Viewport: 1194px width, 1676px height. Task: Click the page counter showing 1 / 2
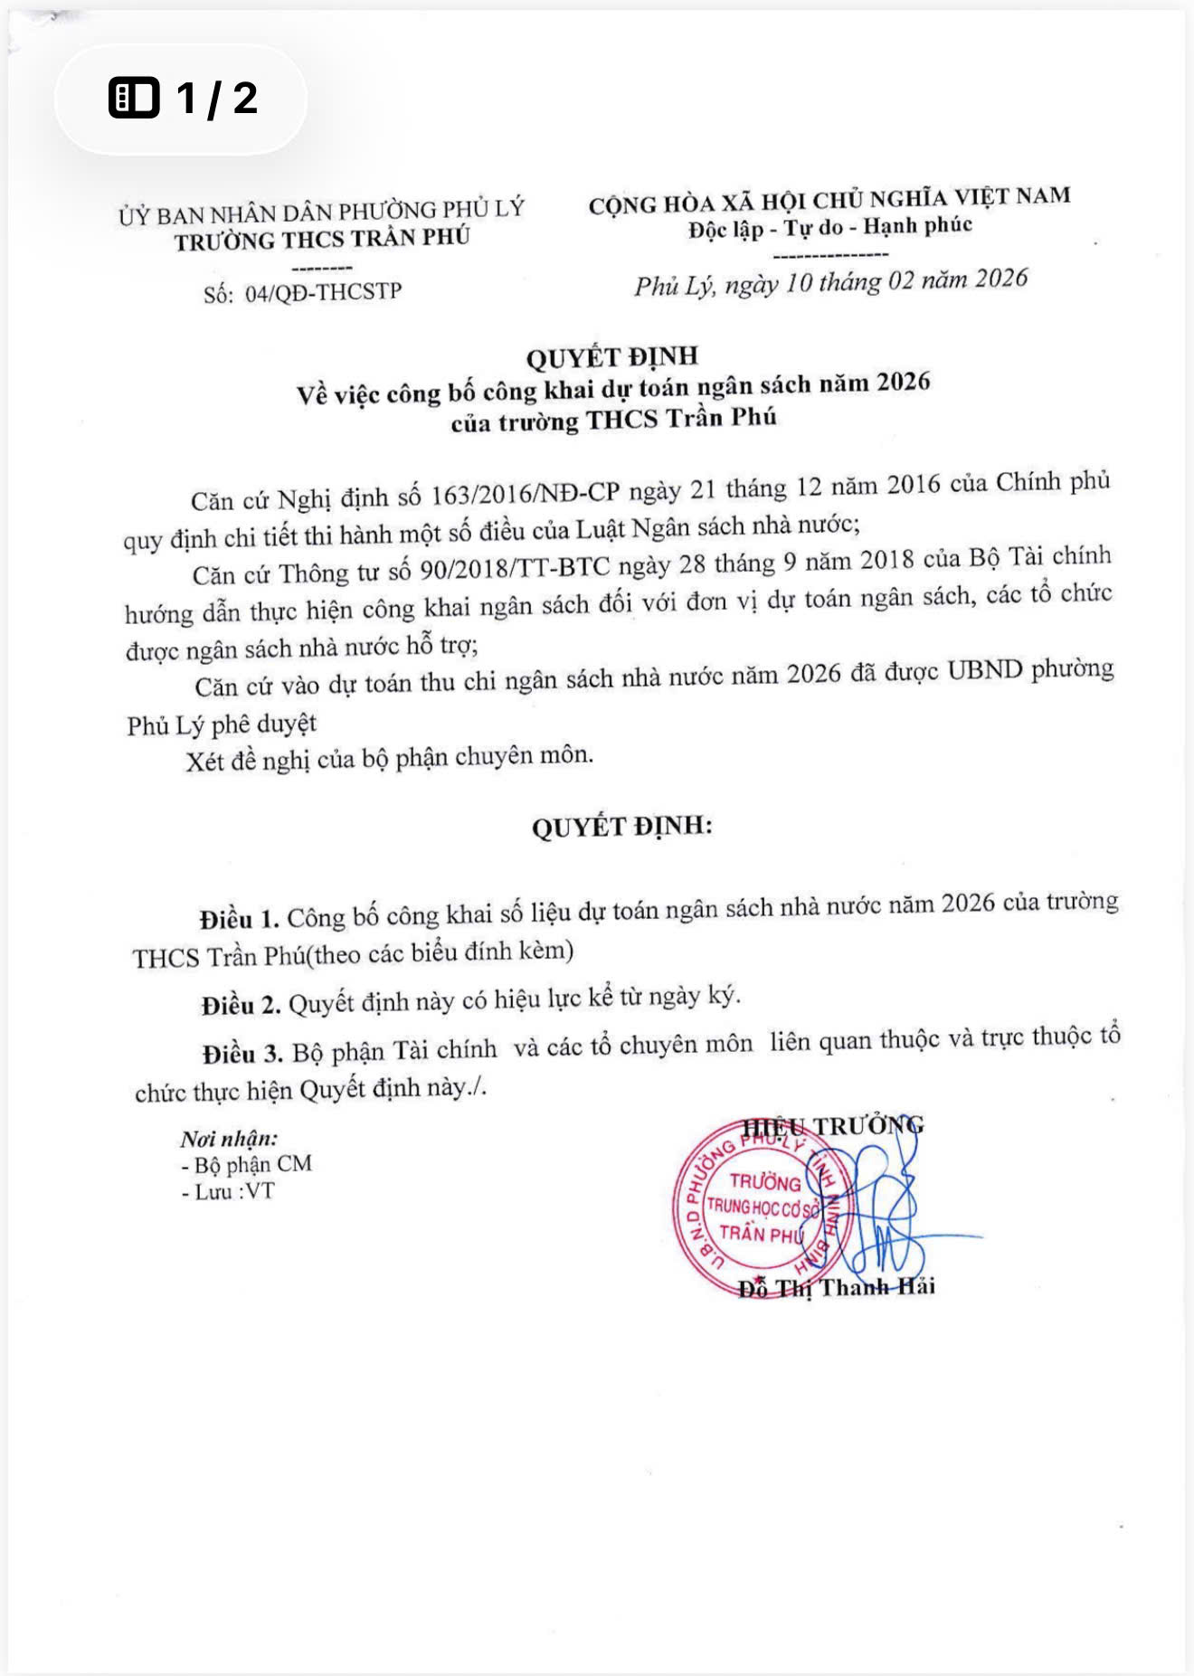coord(217,98)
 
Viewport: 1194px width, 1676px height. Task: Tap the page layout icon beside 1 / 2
coord(134,98)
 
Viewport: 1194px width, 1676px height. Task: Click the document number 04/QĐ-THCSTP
coord(323,292)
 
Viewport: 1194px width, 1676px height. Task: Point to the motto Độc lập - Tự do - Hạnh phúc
coord(829,226)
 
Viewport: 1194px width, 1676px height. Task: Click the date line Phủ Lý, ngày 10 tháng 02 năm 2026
coord(830,281)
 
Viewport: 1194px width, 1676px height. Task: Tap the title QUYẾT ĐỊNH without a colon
coord(611,356)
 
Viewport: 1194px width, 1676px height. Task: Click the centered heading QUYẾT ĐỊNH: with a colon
coord(621,827)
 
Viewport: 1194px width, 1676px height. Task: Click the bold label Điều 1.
coord(239,919)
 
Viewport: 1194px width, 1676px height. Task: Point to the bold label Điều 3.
coord(242,1054)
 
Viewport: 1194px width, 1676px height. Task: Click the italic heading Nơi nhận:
coord(229,1138)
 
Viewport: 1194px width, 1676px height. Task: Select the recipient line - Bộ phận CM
coord(246,1164)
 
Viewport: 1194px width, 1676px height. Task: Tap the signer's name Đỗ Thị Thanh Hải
coord(836,1287)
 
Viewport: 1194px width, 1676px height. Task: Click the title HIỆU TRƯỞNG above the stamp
coord(832,1126)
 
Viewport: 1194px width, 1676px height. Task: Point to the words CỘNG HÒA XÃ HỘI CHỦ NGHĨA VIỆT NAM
coord(829,200)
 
